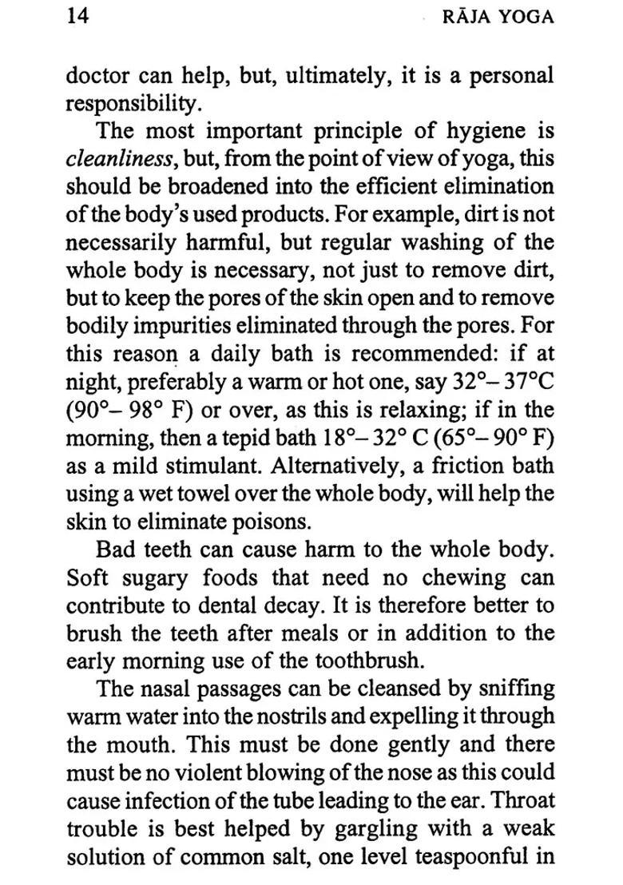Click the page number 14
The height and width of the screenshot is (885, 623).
pyautogui.click(x=79, y=18)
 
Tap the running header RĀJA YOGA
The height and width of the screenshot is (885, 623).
pyautogui.click(x=497, y=18)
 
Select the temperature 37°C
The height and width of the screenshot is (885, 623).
pyautogui.click(x=522, y=381)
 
